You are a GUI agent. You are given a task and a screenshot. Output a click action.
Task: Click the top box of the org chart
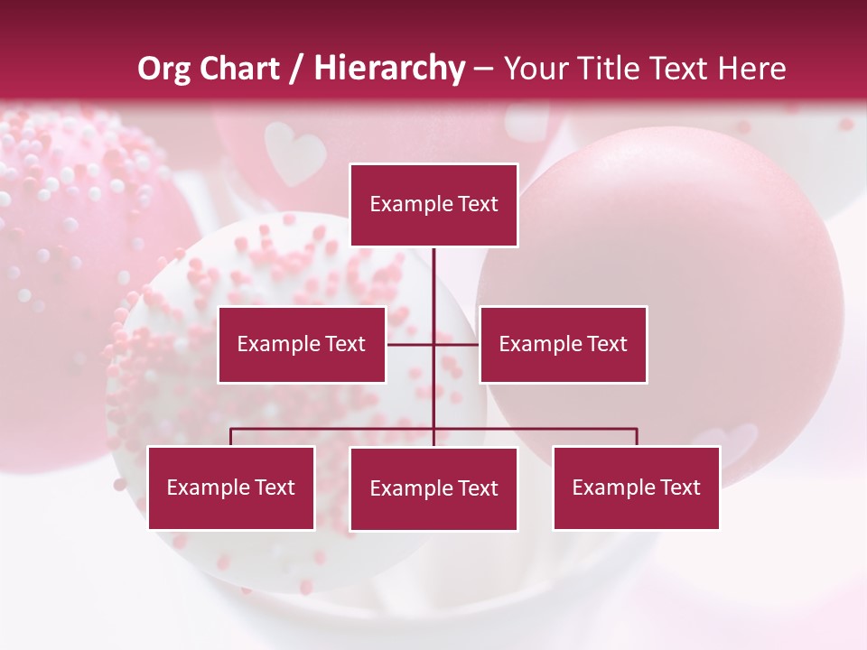[x=433, y=205]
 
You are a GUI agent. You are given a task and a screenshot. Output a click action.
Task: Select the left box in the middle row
[x=302, y=344]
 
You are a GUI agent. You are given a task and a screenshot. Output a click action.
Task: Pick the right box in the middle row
[x=563, y=344]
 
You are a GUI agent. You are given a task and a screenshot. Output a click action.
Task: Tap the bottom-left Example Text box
[x=231, y=487]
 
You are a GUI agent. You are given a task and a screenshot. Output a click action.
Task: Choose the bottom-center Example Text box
[x=433, y=488]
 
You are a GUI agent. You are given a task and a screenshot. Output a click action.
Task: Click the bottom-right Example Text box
[x=636, y=487]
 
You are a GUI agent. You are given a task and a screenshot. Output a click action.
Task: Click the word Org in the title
[x=163, y=69]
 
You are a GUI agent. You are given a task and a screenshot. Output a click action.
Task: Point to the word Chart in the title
[x=239, y=69]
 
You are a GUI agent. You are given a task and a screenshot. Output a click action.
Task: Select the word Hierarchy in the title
[x=389, y=69]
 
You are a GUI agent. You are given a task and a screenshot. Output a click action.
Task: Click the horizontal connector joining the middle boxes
[x=456, y=344]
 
